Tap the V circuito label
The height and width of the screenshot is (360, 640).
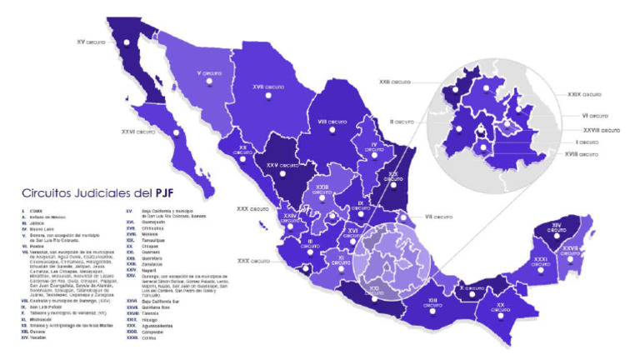point(209,74)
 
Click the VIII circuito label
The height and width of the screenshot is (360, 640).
point(333,122)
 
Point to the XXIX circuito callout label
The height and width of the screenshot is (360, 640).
point(584,94)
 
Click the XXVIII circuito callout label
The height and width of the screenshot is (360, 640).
point(601,130)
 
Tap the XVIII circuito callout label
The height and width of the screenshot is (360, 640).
point(581,154)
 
